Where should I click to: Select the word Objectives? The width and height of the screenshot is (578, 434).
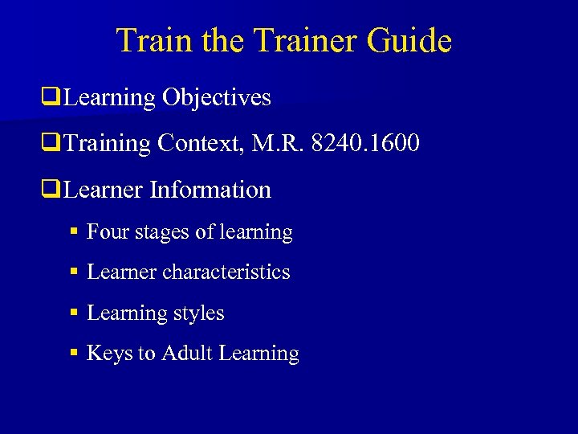click(217, 98)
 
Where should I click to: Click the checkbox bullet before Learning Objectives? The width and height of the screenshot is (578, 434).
click(54, 99)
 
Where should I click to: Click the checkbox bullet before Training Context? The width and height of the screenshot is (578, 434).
click(54, 145)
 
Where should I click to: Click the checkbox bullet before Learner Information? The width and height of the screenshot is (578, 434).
click(54, 191)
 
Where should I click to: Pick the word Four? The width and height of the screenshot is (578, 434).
click(107, 232)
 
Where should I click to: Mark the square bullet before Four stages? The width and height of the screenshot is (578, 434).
click(74, 233)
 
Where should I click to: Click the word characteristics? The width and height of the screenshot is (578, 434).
click(226, 272)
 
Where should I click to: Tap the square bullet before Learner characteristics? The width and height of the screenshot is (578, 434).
click(74, 273)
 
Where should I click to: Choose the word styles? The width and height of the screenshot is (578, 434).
click(198, 313)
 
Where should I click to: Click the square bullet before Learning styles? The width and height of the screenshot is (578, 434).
click(74, 314)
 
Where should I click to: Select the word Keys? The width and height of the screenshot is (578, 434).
click(109, 354)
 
